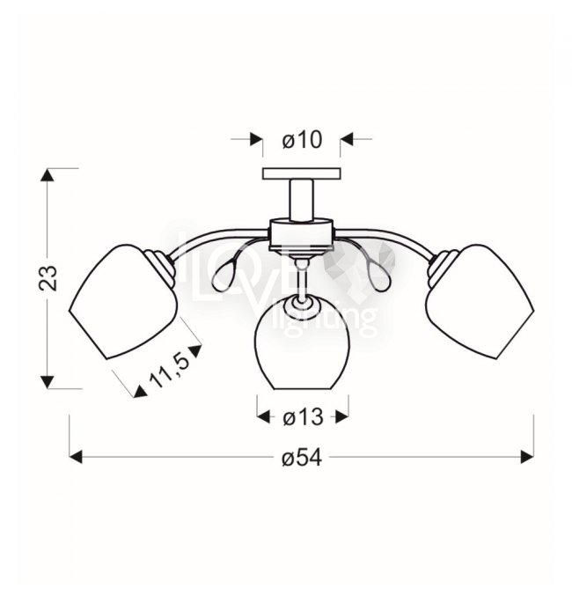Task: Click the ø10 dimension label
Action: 302,140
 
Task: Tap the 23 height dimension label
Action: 48,278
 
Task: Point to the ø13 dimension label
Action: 303,417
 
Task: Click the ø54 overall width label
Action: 302,458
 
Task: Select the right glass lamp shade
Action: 480,301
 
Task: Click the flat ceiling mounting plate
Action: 302,173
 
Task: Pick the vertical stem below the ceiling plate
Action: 302,200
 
